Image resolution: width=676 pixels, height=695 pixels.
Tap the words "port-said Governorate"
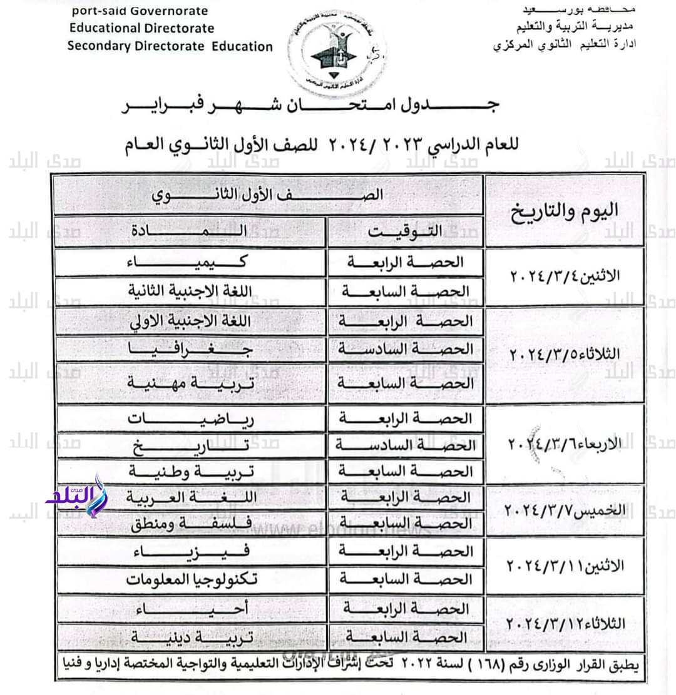tap(140, 11)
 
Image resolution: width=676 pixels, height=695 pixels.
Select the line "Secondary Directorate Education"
tap(170, 46)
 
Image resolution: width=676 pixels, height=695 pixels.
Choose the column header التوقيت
tap(405, 231)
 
